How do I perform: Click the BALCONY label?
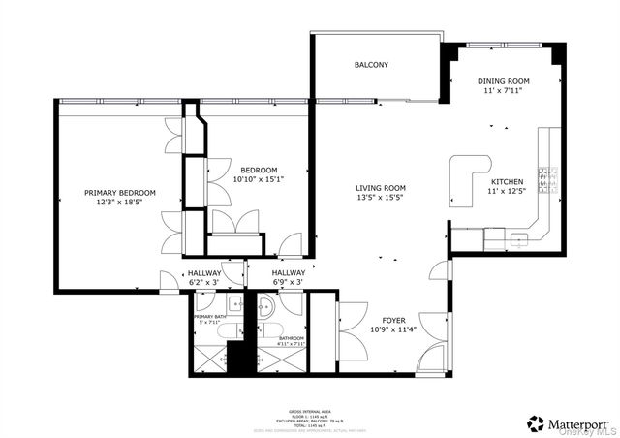371,65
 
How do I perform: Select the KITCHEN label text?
507,182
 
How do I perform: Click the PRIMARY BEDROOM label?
119,193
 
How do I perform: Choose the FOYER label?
394,319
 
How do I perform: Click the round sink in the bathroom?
267,309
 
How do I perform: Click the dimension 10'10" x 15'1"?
259,178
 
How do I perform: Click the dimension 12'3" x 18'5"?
119,203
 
